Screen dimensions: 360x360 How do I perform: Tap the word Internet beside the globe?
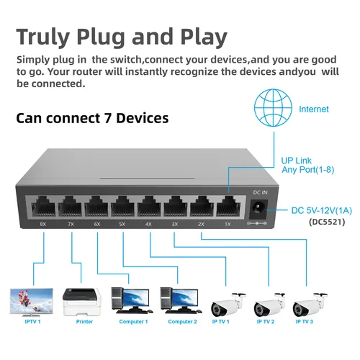click(x=314, y=109)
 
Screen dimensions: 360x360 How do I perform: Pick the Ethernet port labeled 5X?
click(x=123, y=207)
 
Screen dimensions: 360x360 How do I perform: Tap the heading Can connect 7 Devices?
click(x=92, y=117)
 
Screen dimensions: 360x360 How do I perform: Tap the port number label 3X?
click(x=174, y=225)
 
